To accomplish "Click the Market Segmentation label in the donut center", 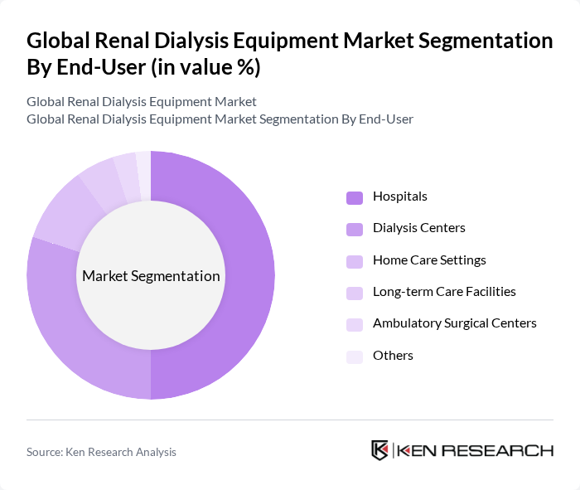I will click(x=151, y=276).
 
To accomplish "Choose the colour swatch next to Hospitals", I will click(x=355, y=197).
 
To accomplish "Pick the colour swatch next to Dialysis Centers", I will click(x=355, y=229).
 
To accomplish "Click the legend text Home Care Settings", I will click(x=429, y=260).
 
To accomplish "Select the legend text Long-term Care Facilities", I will click(x=444, y=292).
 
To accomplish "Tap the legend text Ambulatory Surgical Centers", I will click(x=454, y=323).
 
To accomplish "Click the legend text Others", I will click(x=393, y=356).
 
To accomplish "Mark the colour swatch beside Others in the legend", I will click(x=355, y=356).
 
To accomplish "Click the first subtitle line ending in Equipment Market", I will click(x=142, y=102).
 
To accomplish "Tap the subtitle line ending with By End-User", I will click(x=220, y=119).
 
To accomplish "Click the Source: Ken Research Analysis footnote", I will click(x=101, y=452).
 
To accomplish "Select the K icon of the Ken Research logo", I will click(x=380, y=450).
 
